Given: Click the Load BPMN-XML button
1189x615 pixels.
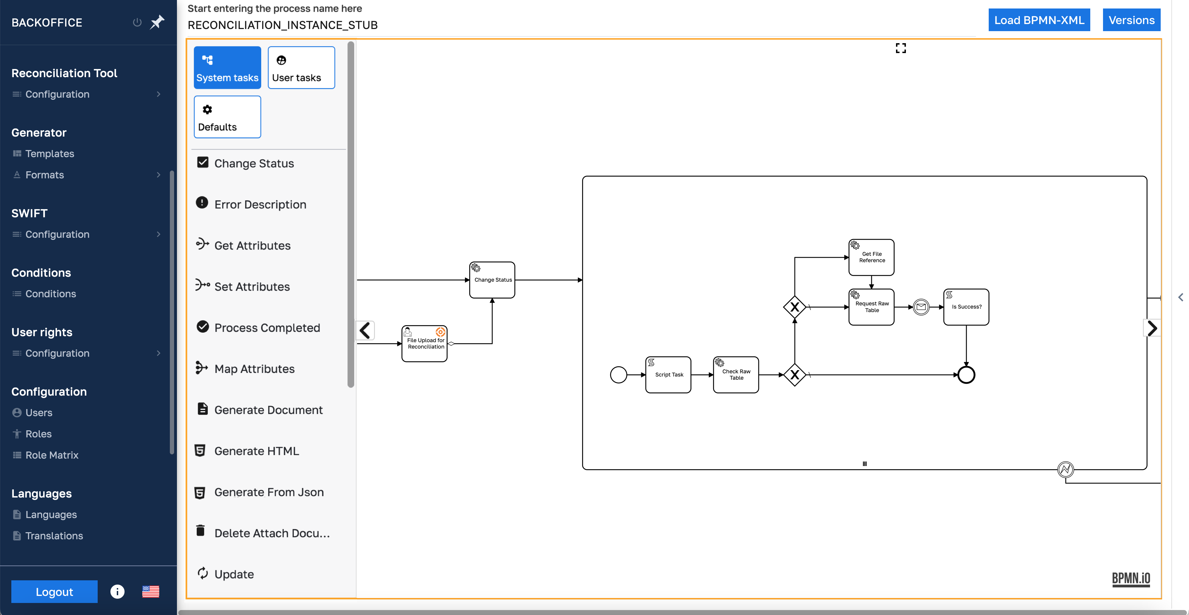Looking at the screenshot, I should [x=1039, y=20].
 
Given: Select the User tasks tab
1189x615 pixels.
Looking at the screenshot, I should [x=301, y=68].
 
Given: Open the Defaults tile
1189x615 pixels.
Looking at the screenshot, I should [x=227, y=117].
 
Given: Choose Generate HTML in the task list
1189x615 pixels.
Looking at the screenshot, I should [x=256, y=451].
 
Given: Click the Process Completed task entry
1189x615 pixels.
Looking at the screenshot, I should [x=266, y=328].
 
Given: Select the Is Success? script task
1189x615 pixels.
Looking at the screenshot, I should [x=966, y=307].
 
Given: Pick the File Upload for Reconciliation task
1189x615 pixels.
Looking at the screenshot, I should [x=424, y=344].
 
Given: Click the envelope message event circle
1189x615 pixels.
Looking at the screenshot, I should [x=921, y=307].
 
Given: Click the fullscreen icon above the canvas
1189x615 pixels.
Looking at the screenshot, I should [x=901, y=48].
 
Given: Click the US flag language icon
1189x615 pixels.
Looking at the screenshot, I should [x=150, y=591].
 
